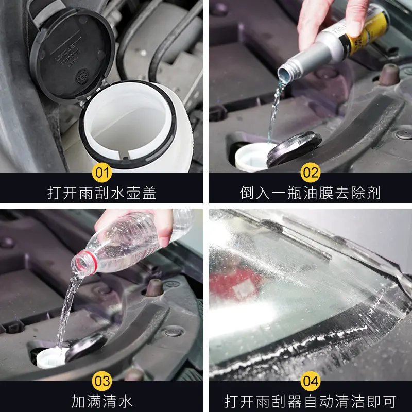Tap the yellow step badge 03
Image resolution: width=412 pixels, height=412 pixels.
click(x=102, y=381)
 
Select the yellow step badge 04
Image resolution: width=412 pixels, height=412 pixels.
click(x=310, y=381)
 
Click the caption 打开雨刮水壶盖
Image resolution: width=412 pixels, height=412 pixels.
click(x=102, y=193)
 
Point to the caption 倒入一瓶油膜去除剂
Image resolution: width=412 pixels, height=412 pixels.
click(x=310, y=193)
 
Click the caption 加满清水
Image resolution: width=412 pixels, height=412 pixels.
click(x=102, y=401)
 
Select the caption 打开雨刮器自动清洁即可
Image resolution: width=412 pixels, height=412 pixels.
click(x=310, y=401)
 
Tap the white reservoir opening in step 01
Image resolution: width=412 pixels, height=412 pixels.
click(x=129, y=129)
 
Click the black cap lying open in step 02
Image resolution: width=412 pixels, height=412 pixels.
click(x=295, y=148)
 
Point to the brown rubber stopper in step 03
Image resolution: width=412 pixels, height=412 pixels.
click(x=153, y=288)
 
